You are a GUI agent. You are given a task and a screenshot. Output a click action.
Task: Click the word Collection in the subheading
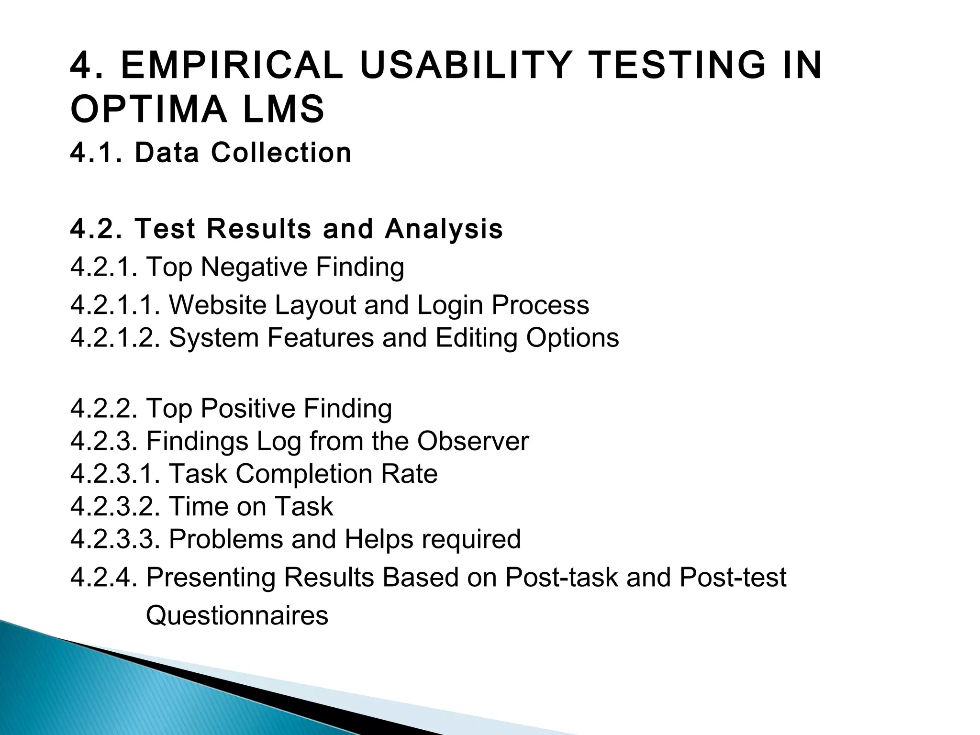tap(281, 153)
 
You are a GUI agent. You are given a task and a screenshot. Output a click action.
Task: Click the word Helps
tap(379, 539)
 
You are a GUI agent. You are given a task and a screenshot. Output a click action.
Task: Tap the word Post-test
tap(733, 577)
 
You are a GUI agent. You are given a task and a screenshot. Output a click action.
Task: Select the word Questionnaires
tap(237, 615)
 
